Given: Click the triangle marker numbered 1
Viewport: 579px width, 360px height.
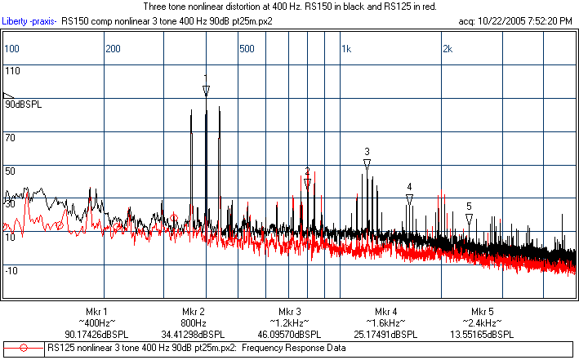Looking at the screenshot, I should [206, 91].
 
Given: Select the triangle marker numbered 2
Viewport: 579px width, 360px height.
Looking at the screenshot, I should [307, 184].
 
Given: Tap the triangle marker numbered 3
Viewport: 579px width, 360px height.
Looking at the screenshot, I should [367, 164].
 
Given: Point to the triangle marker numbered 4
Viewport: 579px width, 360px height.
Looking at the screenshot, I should [409, 198].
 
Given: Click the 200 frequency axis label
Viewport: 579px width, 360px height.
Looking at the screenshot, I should [113, 49].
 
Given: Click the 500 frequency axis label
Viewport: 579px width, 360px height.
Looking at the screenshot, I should [246, 49].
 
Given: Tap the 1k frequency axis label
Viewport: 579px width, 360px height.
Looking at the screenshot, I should [346, 49].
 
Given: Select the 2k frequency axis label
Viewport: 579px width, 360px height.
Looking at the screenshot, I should [447, 49].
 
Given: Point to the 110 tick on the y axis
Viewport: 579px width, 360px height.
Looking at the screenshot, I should [12, 71].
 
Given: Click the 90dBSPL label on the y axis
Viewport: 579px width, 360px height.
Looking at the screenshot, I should [24, 104].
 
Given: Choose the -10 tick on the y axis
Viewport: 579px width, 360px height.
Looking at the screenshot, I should [12, 270].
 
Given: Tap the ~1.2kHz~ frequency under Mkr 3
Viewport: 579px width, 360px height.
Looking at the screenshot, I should [289, 323].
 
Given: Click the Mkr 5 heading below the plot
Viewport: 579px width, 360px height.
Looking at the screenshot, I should [482, 312].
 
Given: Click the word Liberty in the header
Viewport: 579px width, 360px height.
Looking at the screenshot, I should [20, 19].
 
